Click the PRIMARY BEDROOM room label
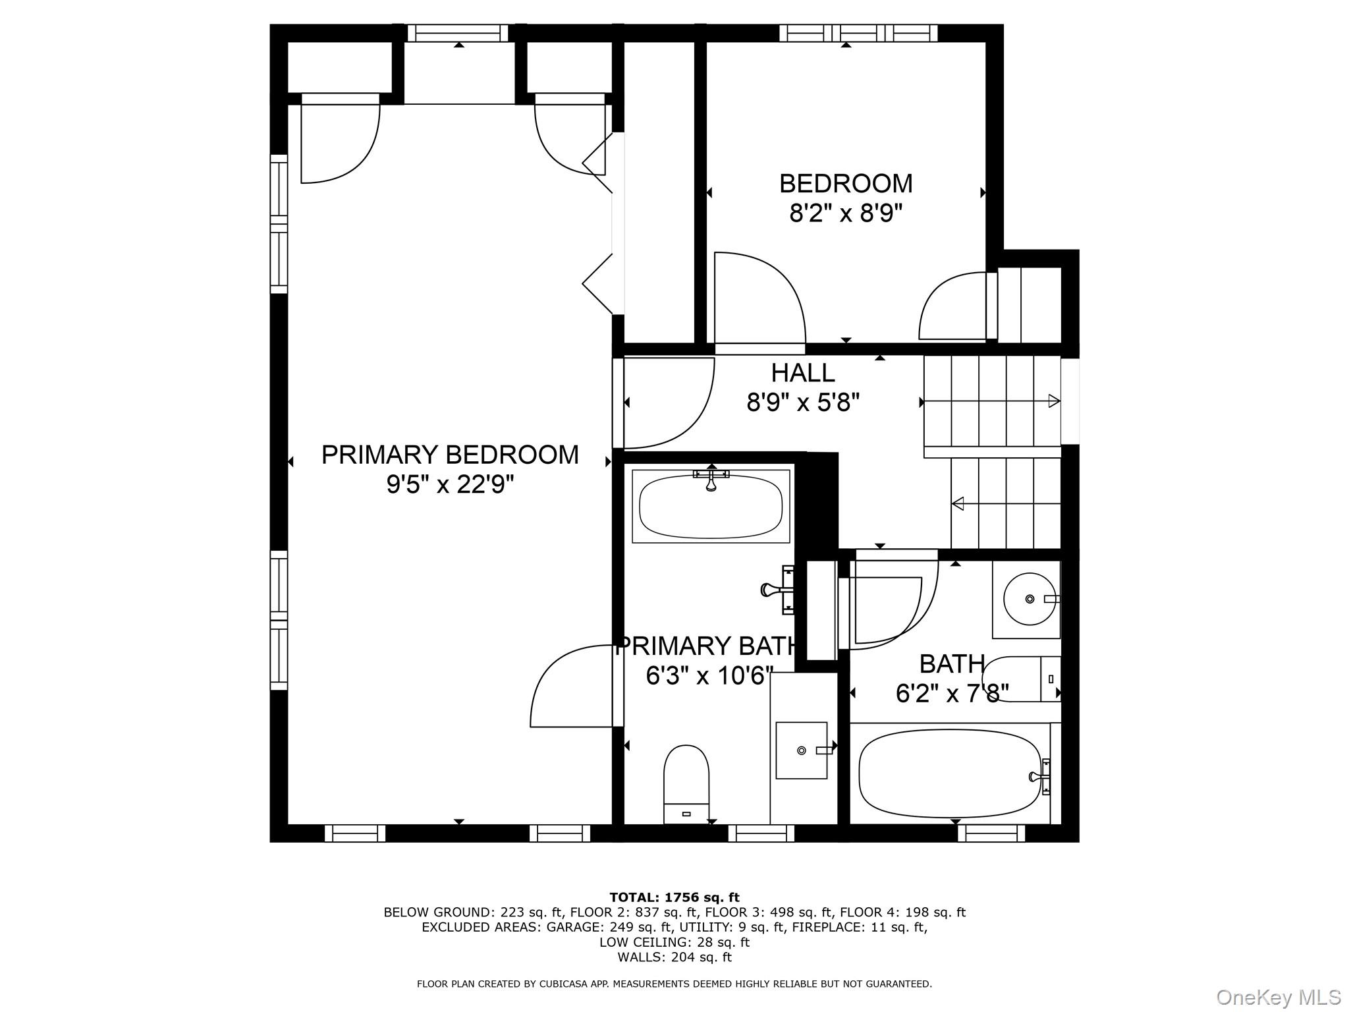450,455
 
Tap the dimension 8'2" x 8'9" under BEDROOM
845,213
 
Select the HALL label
803,373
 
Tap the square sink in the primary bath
801,750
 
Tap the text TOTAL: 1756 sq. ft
674,897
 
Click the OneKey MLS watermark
1278,997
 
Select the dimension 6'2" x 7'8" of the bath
952,693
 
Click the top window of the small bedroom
858,33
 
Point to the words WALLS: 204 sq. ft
674,957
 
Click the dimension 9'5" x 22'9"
450,485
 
